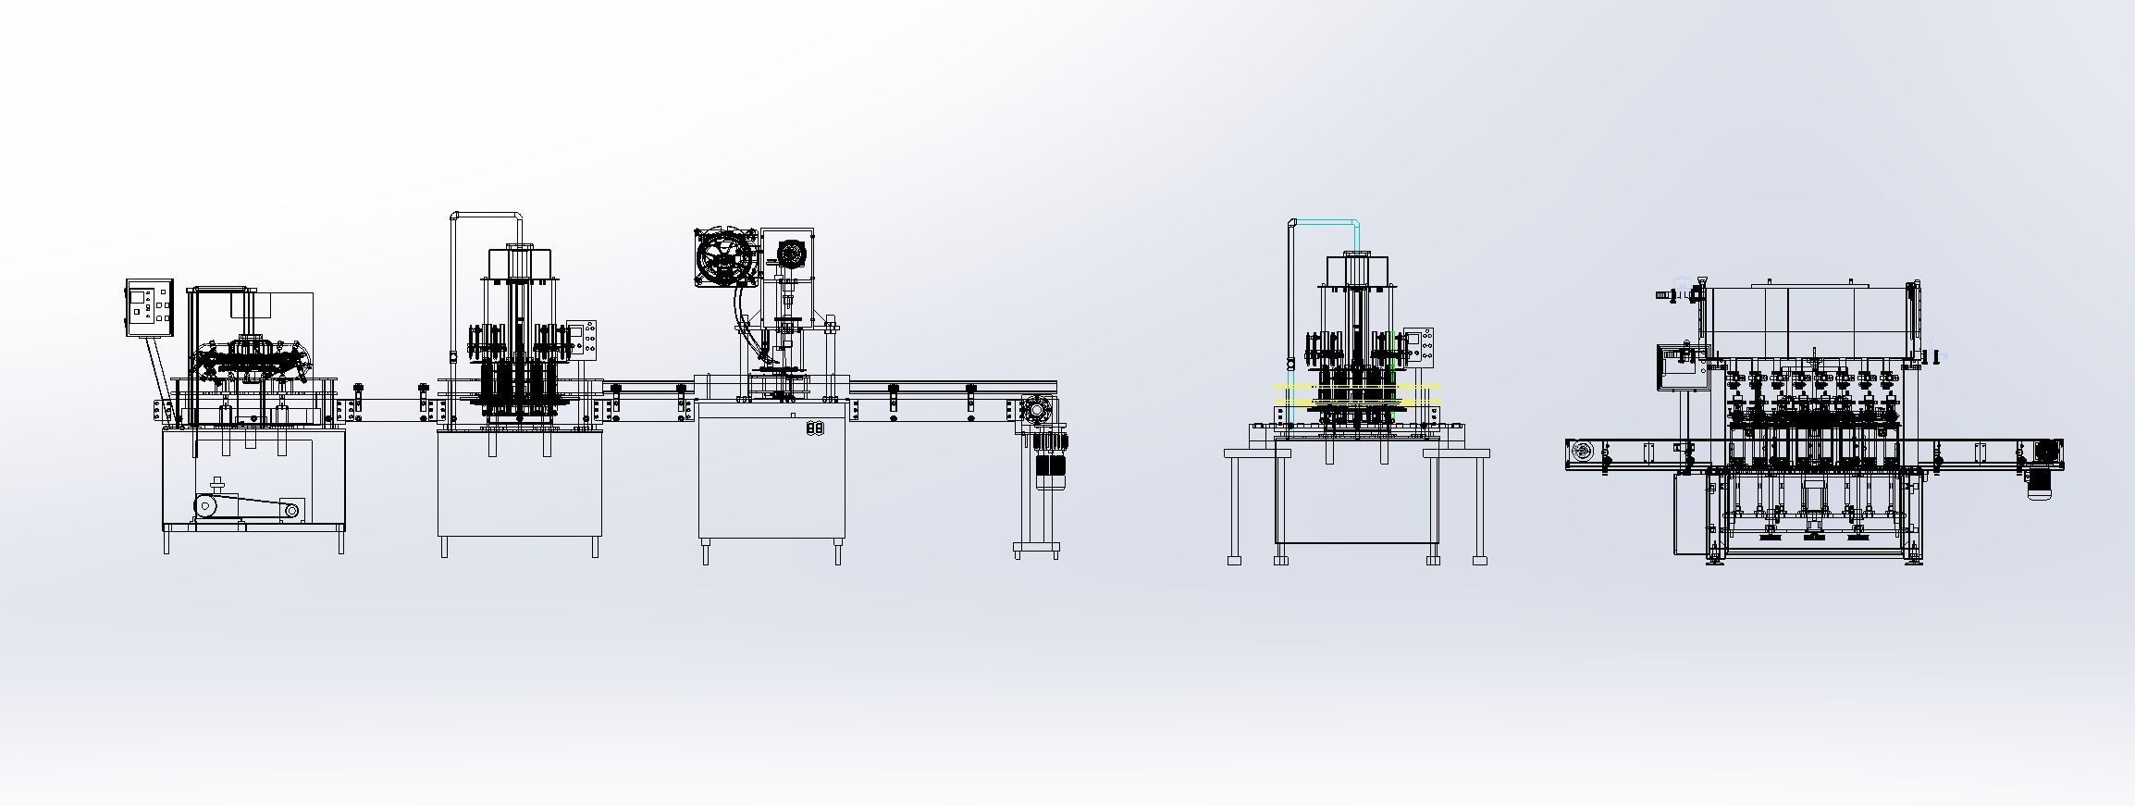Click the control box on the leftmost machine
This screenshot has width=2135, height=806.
[x=150, y=308]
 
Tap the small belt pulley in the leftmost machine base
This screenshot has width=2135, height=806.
[x=292, y=510]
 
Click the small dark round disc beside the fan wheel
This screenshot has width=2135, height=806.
[x=790, y=254]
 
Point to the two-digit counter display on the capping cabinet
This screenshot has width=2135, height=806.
[x=815, y=428]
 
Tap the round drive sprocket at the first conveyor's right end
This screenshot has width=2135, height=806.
[x=1034, y=409]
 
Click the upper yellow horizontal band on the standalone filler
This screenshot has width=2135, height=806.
[x=1358, y=388]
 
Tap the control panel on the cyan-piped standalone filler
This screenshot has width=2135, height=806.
[x=1421, y=348]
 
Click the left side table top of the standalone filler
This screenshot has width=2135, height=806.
[x=1249, y=453]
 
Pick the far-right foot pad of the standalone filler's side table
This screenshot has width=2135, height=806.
[x=1480, y=560]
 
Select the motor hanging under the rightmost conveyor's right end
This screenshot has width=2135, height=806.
[x=2040, y=481]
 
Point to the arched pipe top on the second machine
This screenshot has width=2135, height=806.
[x=487, y=216]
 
